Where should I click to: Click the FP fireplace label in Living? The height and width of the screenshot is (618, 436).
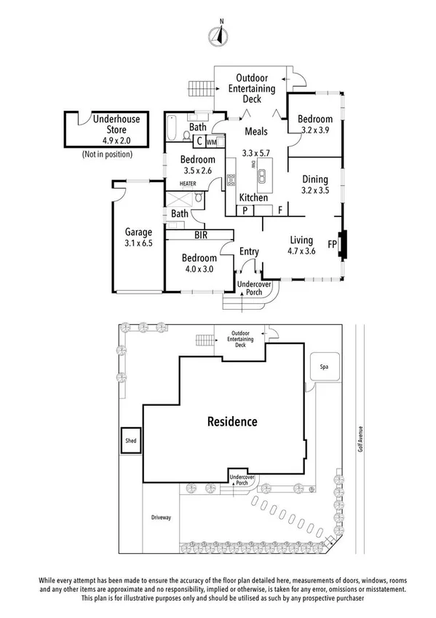click(x=332, y=244)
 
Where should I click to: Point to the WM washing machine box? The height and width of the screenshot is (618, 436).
click(x=212, y=142)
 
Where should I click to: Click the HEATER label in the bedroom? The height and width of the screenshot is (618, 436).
click(x=178, y=184)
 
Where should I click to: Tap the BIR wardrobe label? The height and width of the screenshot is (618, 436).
click(x=201, y=235)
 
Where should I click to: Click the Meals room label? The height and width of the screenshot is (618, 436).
click(x=255, y=132)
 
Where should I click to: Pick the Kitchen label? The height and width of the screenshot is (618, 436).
click(x=253, y=197)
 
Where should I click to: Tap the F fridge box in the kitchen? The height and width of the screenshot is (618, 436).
click(x=280, y=211)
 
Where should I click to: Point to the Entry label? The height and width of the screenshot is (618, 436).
click(x=249, y=252)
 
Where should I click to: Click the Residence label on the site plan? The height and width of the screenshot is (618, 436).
click(x=232, y=421)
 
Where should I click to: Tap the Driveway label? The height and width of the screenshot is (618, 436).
click(x=161, y=517)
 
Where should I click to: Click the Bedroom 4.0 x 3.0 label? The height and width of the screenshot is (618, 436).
click(x=198, y=263)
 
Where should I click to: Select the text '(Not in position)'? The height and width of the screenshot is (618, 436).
click(x=107, y=154)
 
